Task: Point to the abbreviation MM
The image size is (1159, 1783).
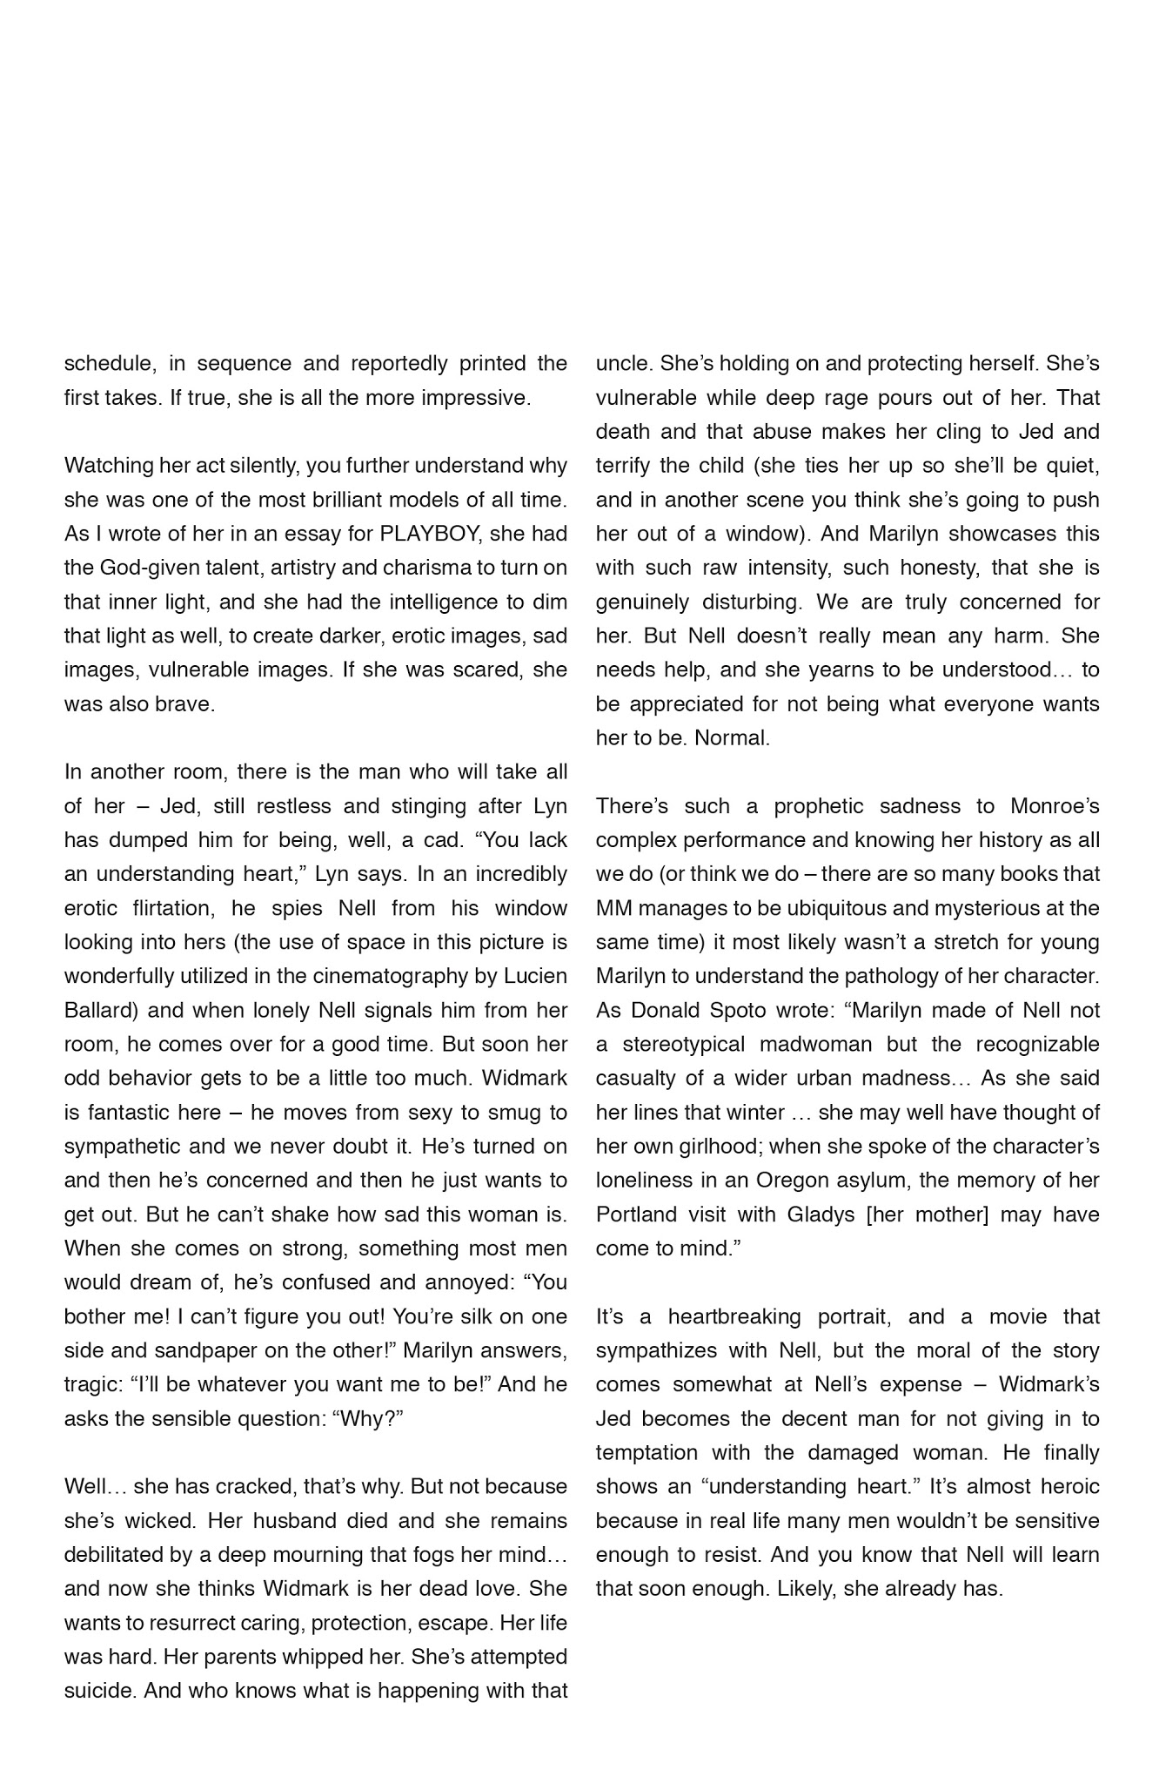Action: click(613, 908)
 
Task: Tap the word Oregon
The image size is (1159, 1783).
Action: click(789, 1181)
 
